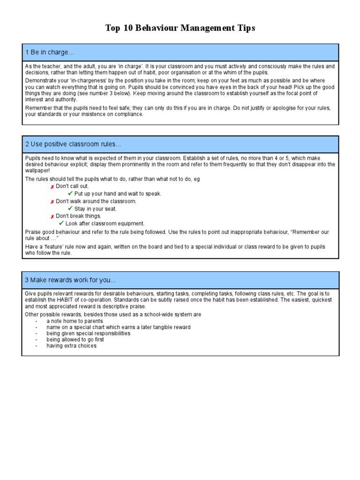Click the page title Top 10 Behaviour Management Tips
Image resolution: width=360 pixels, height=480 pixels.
(x=180, y=29)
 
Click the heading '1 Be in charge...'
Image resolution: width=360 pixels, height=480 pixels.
(x=49, y=52)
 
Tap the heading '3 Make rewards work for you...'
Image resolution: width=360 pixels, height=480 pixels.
(x=70, y=280)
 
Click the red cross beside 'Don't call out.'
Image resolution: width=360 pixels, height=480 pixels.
(x=52, y=187)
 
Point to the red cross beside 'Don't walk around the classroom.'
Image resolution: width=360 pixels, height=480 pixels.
(x=52, y=202)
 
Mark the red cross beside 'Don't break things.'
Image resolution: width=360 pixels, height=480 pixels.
(x=52, y=217)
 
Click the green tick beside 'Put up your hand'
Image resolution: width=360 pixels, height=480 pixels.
(x=70, y=194)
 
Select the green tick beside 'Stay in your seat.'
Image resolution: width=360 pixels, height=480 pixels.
(x=70, y=209)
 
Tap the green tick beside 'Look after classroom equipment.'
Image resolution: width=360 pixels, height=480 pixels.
(x=61, y=224)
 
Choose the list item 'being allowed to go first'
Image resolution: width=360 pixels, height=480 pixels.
(x=75, y=339)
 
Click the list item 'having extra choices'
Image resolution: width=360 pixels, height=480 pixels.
(x=71, y=345)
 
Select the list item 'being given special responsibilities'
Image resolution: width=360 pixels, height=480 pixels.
(x=88, y=333)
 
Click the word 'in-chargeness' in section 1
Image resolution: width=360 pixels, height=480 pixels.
(x=74, y=81)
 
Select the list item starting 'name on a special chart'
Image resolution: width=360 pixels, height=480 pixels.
(x=118, y=327)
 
